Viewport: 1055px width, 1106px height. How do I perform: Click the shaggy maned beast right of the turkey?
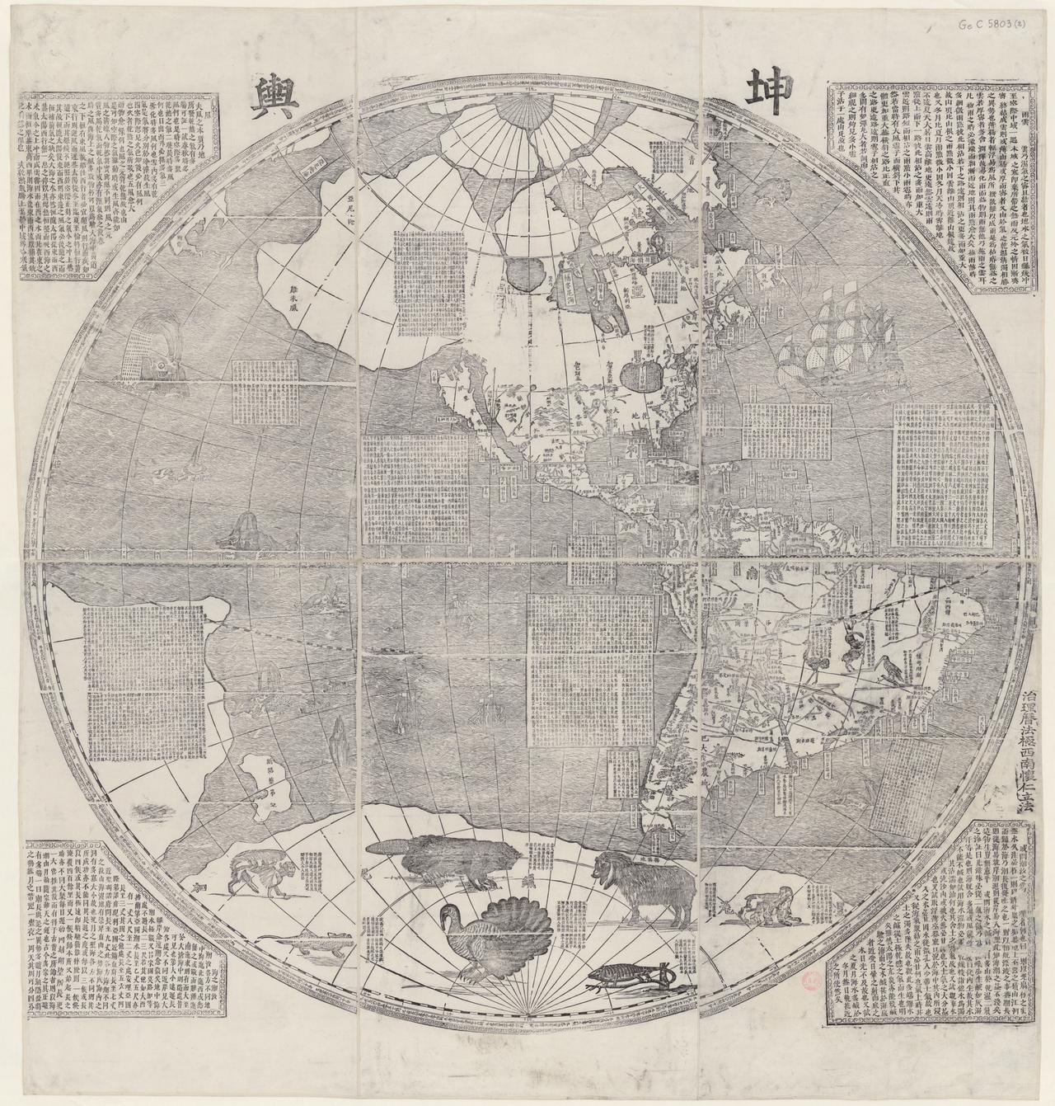643,883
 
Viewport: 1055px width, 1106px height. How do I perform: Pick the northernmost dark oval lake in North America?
525,271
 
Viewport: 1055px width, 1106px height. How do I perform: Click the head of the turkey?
449,912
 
